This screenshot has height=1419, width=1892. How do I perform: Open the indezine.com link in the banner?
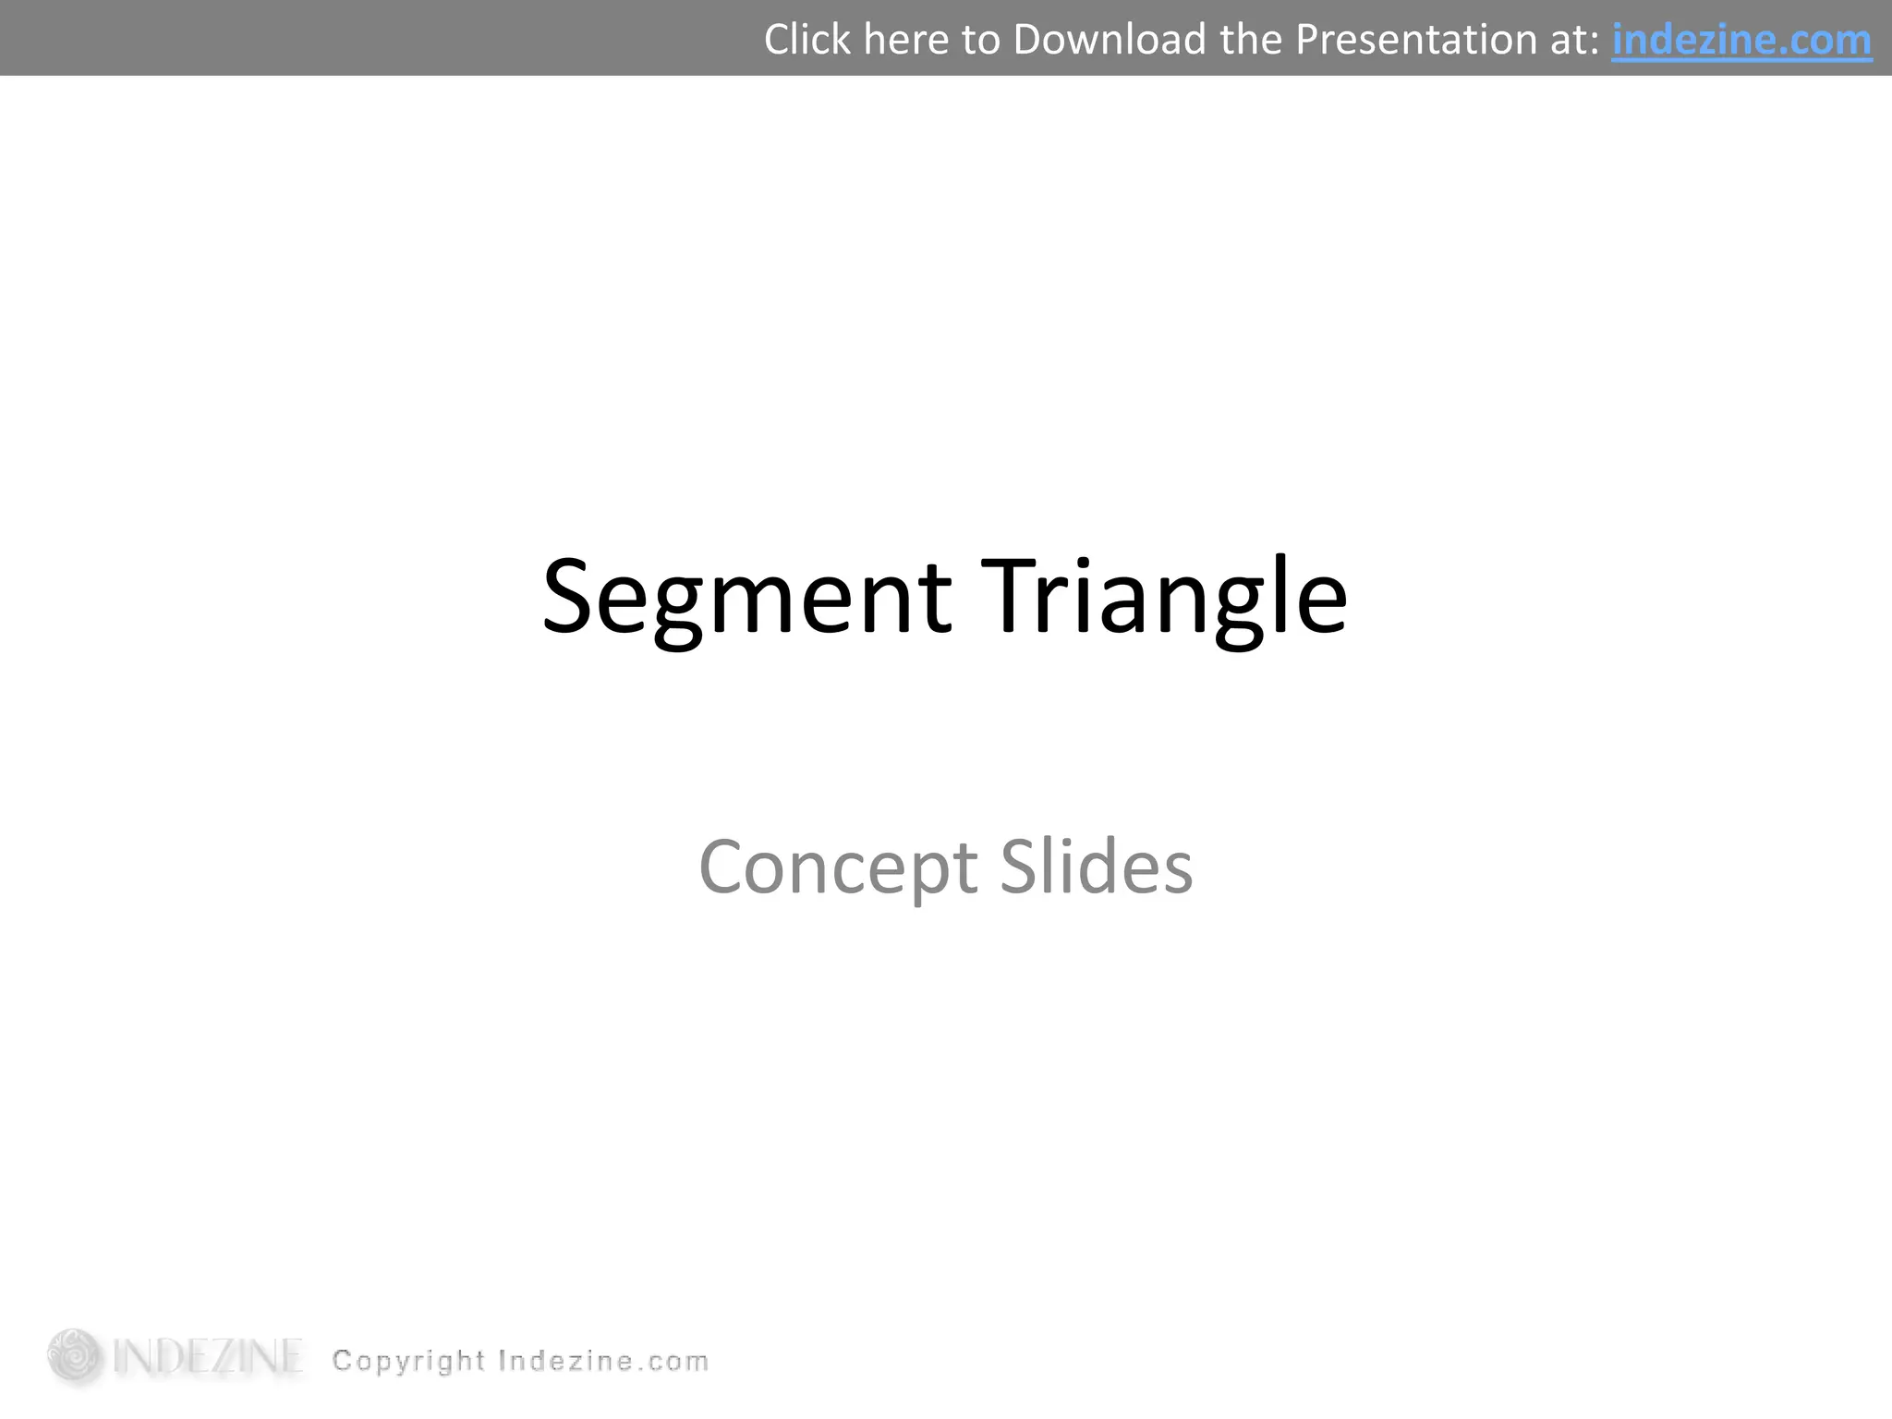coord(1741,40)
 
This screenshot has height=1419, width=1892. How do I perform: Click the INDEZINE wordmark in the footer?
coord(208,1357)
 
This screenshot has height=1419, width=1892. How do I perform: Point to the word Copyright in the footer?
coord(408,1361)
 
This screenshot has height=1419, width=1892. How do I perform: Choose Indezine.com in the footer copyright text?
coord(603,1361)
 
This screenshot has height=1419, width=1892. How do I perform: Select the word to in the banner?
coord(980,40)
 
